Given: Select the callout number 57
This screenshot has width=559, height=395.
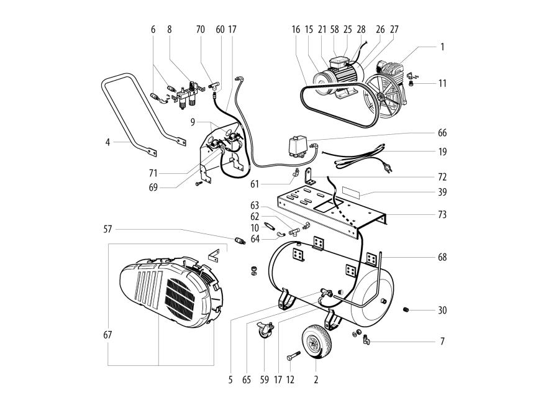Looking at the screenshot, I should [x=107, y=230].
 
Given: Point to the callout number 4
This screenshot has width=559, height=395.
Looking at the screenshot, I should [x=107, y=142].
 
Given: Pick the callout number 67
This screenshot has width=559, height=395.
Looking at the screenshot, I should [x=107, y=335].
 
